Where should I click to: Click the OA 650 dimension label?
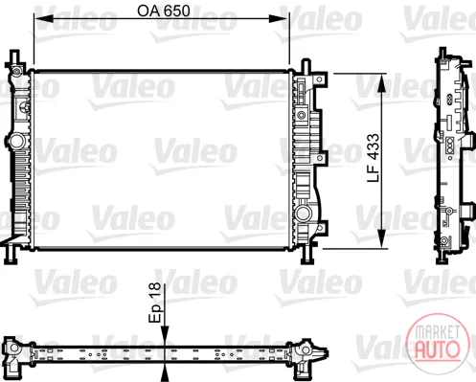[x=164, y=11]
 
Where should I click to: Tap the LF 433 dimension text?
[x=374, y=158]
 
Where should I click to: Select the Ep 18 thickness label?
[x=155, y=303]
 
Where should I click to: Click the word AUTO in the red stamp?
[x=437, y=348]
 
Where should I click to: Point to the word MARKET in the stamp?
[x=438, y=331]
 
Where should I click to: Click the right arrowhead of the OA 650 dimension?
[x=280, y=18]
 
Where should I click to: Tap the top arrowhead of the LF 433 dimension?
[x=382, y=82]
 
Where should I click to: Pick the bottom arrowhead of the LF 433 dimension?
[x=382, y=238]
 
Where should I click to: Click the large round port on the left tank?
[x=16, y=141]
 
